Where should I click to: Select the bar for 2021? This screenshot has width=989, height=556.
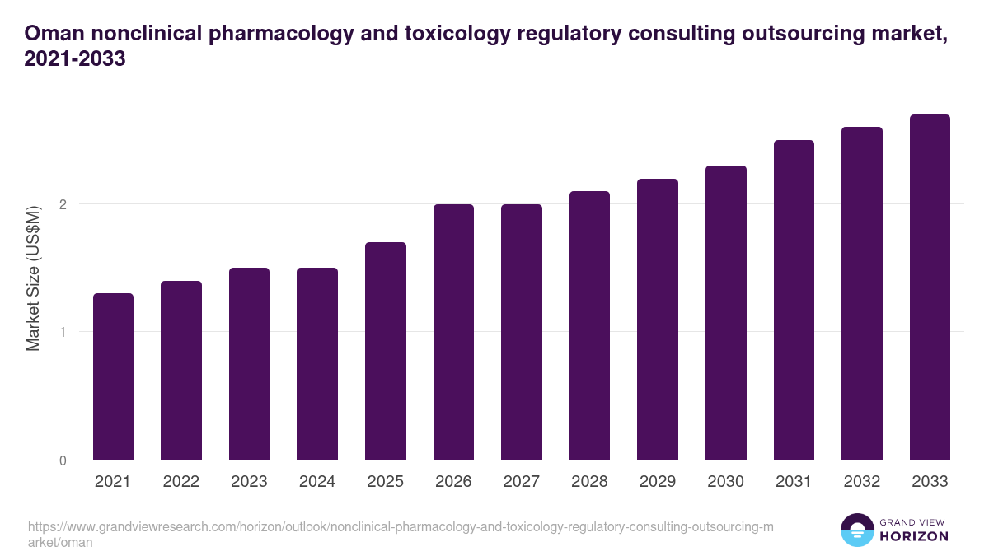[x=113, y=376]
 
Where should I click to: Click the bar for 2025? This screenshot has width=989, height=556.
[x=386, y=351]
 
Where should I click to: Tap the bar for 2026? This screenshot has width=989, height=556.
[x=453, y=332]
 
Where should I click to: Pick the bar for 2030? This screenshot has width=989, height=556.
[x=726, y=313]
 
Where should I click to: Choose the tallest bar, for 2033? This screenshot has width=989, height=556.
[x=930, y=287]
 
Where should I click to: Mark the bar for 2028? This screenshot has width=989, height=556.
[x=589, y=325]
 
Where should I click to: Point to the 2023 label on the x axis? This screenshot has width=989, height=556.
[x=249, y=481]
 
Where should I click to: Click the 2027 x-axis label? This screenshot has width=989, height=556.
[x=522, y=481]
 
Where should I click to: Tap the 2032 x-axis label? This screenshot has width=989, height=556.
[x=862, y=481]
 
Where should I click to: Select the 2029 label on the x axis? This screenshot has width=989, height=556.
[x=658, y=481]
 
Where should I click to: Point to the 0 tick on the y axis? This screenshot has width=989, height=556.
[x=63, y=460]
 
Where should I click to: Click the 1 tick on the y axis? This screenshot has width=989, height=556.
[x=63, y=332]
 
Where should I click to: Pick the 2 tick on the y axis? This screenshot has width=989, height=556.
[x=63, y=204]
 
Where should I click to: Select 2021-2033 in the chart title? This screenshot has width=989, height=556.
[x=75, y=58]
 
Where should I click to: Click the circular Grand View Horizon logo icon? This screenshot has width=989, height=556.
[x=856, y=530]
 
